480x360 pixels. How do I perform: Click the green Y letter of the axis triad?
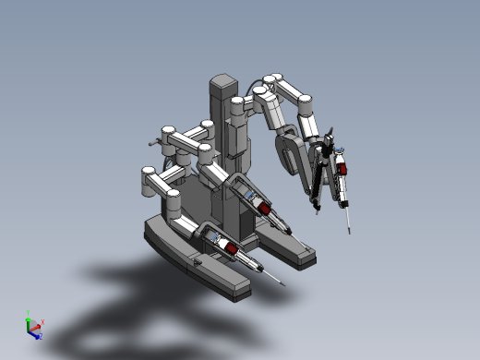tap(29, 313)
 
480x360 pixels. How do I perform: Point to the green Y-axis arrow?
tap(29, 320)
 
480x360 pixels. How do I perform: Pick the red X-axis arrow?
tap(36, 326)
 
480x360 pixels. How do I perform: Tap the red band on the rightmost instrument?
tap(341, 169)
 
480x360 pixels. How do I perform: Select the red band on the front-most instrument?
tap(237, 250)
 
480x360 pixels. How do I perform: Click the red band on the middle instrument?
tap(264, 209)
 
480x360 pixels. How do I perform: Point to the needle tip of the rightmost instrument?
tap(349, 231)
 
